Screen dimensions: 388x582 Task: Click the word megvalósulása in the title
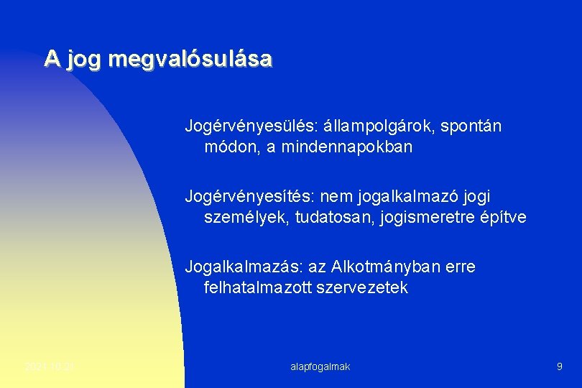click(x=190, y=59)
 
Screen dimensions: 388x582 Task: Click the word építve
click(x=504, y=217)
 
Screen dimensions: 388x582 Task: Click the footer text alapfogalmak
click(x=320, y=366)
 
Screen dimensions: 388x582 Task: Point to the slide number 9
click(x=559, y=366)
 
